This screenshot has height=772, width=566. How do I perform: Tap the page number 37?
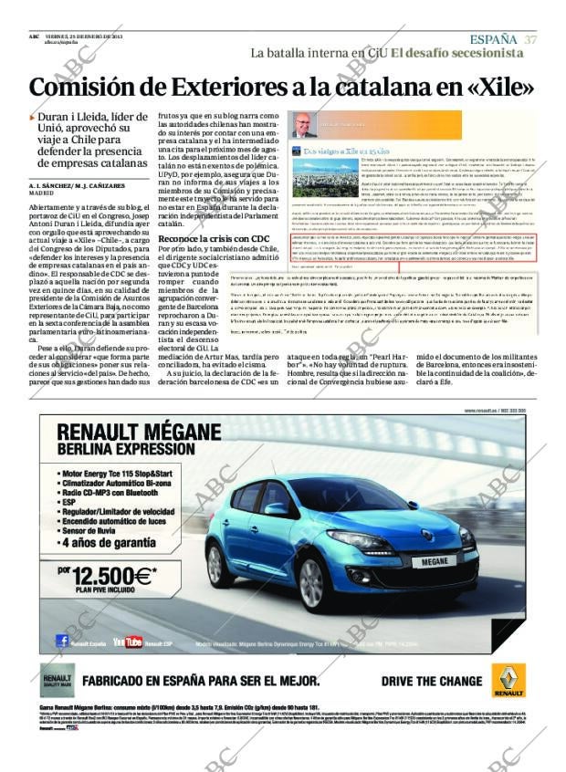530,39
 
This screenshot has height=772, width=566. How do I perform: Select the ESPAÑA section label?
493,39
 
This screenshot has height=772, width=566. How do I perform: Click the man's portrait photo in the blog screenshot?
304,125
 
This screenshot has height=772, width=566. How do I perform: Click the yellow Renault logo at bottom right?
508,680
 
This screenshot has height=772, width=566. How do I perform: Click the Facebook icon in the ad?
63,641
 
